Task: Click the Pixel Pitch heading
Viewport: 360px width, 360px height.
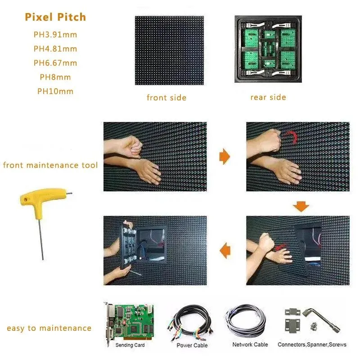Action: click(x=55, y=18)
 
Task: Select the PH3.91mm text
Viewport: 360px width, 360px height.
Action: click(x=55, y=34)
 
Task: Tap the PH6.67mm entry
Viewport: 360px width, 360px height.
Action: click(x=55, y=63)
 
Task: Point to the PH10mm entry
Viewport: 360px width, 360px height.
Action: click(x=55, y=91)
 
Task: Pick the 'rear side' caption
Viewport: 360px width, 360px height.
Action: click(x=268, y=97)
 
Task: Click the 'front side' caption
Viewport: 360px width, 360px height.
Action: click(x=166, y=98)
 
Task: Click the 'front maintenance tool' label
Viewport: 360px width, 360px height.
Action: click(x=50, y=165)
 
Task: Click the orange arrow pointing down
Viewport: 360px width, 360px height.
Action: click(x=301, y=207)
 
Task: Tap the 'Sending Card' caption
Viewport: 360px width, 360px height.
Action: click(x=130, y=345)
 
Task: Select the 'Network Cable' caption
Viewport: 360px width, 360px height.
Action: click(x=250, y=345)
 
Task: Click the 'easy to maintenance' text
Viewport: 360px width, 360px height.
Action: click(x=49, y=328)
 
